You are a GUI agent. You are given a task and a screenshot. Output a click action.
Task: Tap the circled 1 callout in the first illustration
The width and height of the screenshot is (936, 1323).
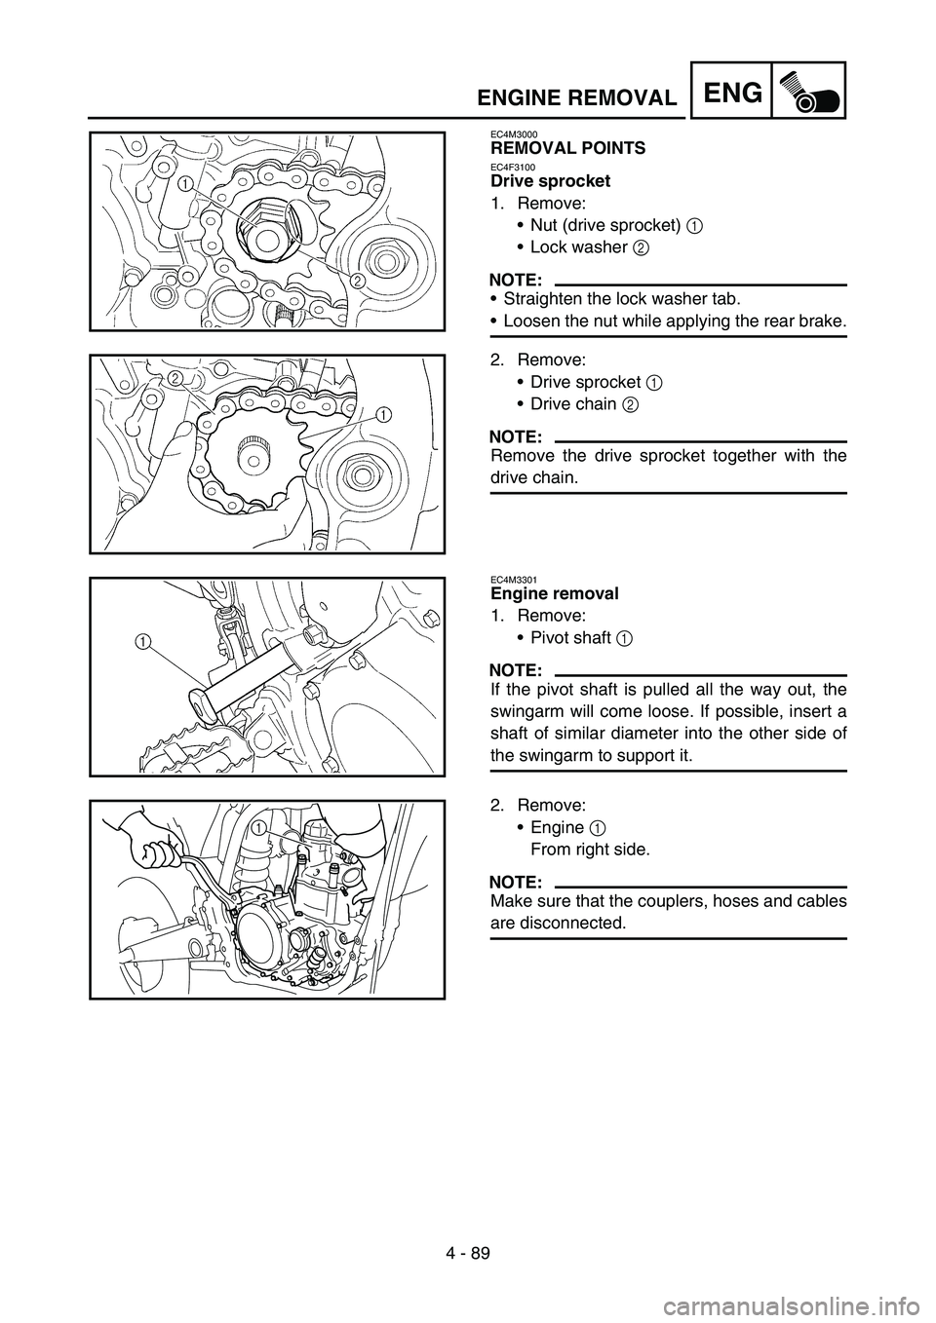pyautogui.click(x=185, y=182)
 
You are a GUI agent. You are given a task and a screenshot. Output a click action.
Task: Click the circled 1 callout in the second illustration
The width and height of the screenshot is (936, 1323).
pyautogui.click(x=384, y=413)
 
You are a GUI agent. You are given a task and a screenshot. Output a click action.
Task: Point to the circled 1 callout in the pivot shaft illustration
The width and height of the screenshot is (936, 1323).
pyautogui.click(x=143, y=640)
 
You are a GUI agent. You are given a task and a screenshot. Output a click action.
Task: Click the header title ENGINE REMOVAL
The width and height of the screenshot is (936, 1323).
pyautogui.click(x=578, y=97)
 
